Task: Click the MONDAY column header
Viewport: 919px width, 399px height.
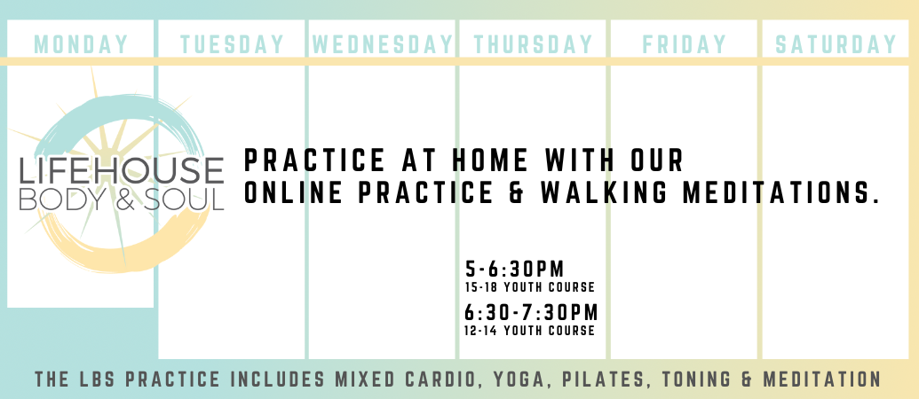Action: tap(81, 44)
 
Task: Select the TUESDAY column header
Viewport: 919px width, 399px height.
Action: tap(232, 44)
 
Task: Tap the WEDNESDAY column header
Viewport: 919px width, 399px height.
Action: tap(382, 44)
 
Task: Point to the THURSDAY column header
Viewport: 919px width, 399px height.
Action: tap(533, 44)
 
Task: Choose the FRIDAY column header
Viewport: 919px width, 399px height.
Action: tap(684, 44)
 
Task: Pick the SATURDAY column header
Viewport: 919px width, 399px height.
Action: tap(836, 44)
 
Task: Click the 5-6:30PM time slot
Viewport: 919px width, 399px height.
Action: tap(515, 270)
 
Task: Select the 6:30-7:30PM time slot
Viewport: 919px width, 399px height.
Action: tap(531, 312)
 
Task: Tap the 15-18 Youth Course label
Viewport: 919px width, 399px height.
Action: tap(530, 287)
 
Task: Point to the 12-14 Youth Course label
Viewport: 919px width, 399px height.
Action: tap(530, 331)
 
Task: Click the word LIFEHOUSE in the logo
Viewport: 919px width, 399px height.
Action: tap(122, 170)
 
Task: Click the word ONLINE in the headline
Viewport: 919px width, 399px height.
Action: tap(293, 193)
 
